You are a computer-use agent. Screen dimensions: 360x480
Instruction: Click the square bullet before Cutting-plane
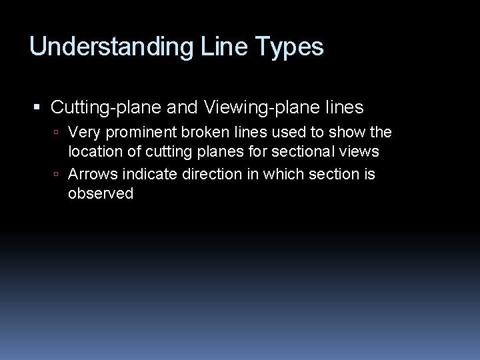(37, 107)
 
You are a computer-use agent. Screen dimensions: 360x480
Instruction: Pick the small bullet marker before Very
(59, 133)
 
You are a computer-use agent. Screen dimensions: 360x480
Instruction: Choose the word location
(93, 151)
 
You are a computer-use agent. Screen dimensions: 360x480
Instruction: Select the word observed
(101, 194)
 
